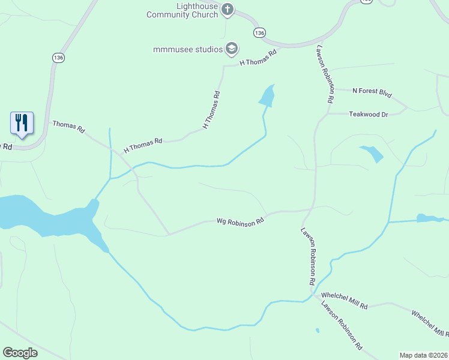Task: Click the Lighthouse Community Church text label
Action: [182, 10]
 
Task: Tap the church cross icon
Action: [228, 9]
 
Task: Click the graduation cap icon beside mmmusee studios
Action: [232, 49]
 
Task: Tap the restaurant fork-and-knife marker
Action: [22, 123]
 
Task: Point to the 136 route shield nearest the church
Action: [259, 32]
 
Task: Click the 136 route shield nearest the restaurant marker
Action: [58, 58]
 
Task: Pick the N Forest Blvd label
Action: [372, 92]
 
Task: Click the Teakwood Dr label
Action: [369, 114]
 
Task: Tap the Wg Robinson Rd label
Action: [241, 221]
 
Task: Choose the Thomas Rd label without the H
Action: [69, 127]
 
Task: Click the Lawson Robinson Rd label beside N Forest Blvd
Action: [322, 74]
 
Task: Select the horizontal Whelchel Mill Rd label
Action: [344, 300]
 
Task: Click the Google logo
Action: [20, 353]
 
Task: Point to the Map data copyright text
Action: [424, 355]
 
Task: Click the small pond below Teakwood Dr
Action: [372, 154]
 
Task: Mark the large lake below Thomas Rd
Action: [36, 214]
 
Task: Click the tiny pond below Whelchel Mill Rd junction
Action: [317, 330]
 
